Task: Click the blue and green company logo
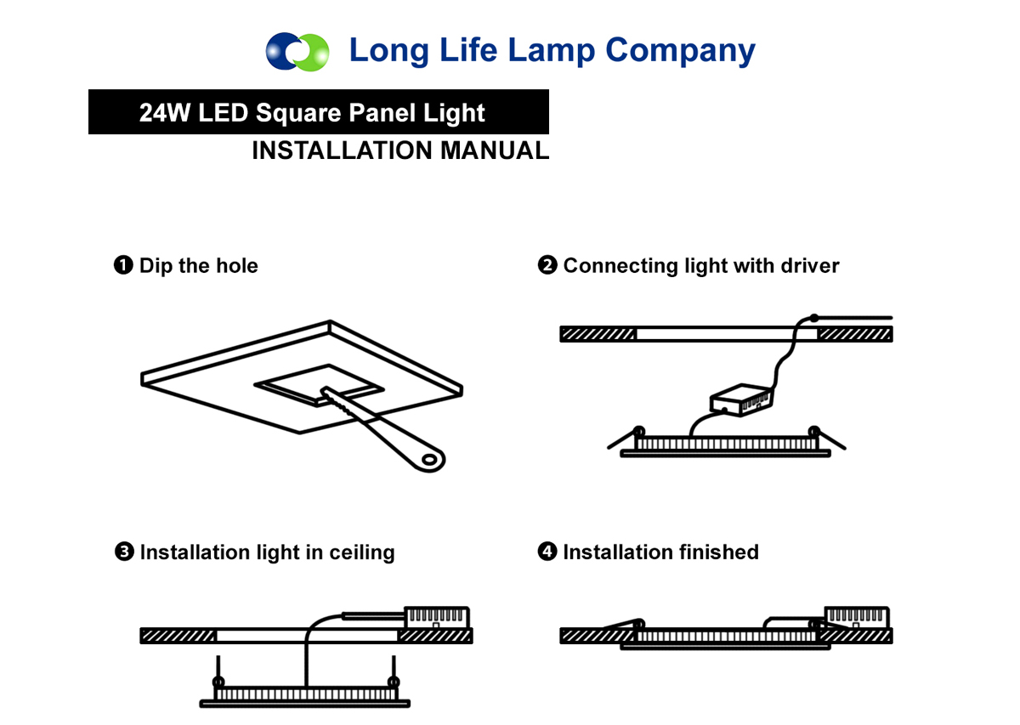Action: pos(297,52)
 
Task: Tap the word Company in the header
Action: pos(680,51)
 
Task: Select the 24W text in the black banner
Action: pos(164,112)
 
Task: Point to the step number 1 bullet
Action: pos(123,265)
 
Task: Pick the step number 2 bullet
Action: pos(547,265)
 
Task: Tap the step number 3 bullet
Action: pos(124,552)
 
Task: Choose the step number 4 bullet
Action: pos(547,552)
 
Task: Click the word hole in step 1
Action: pos(237,265)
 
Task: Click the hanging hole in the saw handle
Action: pos(429,460)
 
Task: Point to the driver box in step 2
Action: pos(741,399)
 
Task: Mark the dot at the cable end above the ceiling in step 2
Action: pos(814,318)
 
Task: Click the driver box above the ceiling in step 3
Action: pos(437,617)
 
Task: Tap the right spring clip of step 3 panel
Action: pos(394,671)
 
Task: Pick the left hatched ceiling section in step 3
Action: pos(178,636)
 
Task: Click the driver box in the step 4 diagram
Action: pos(857,617)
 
